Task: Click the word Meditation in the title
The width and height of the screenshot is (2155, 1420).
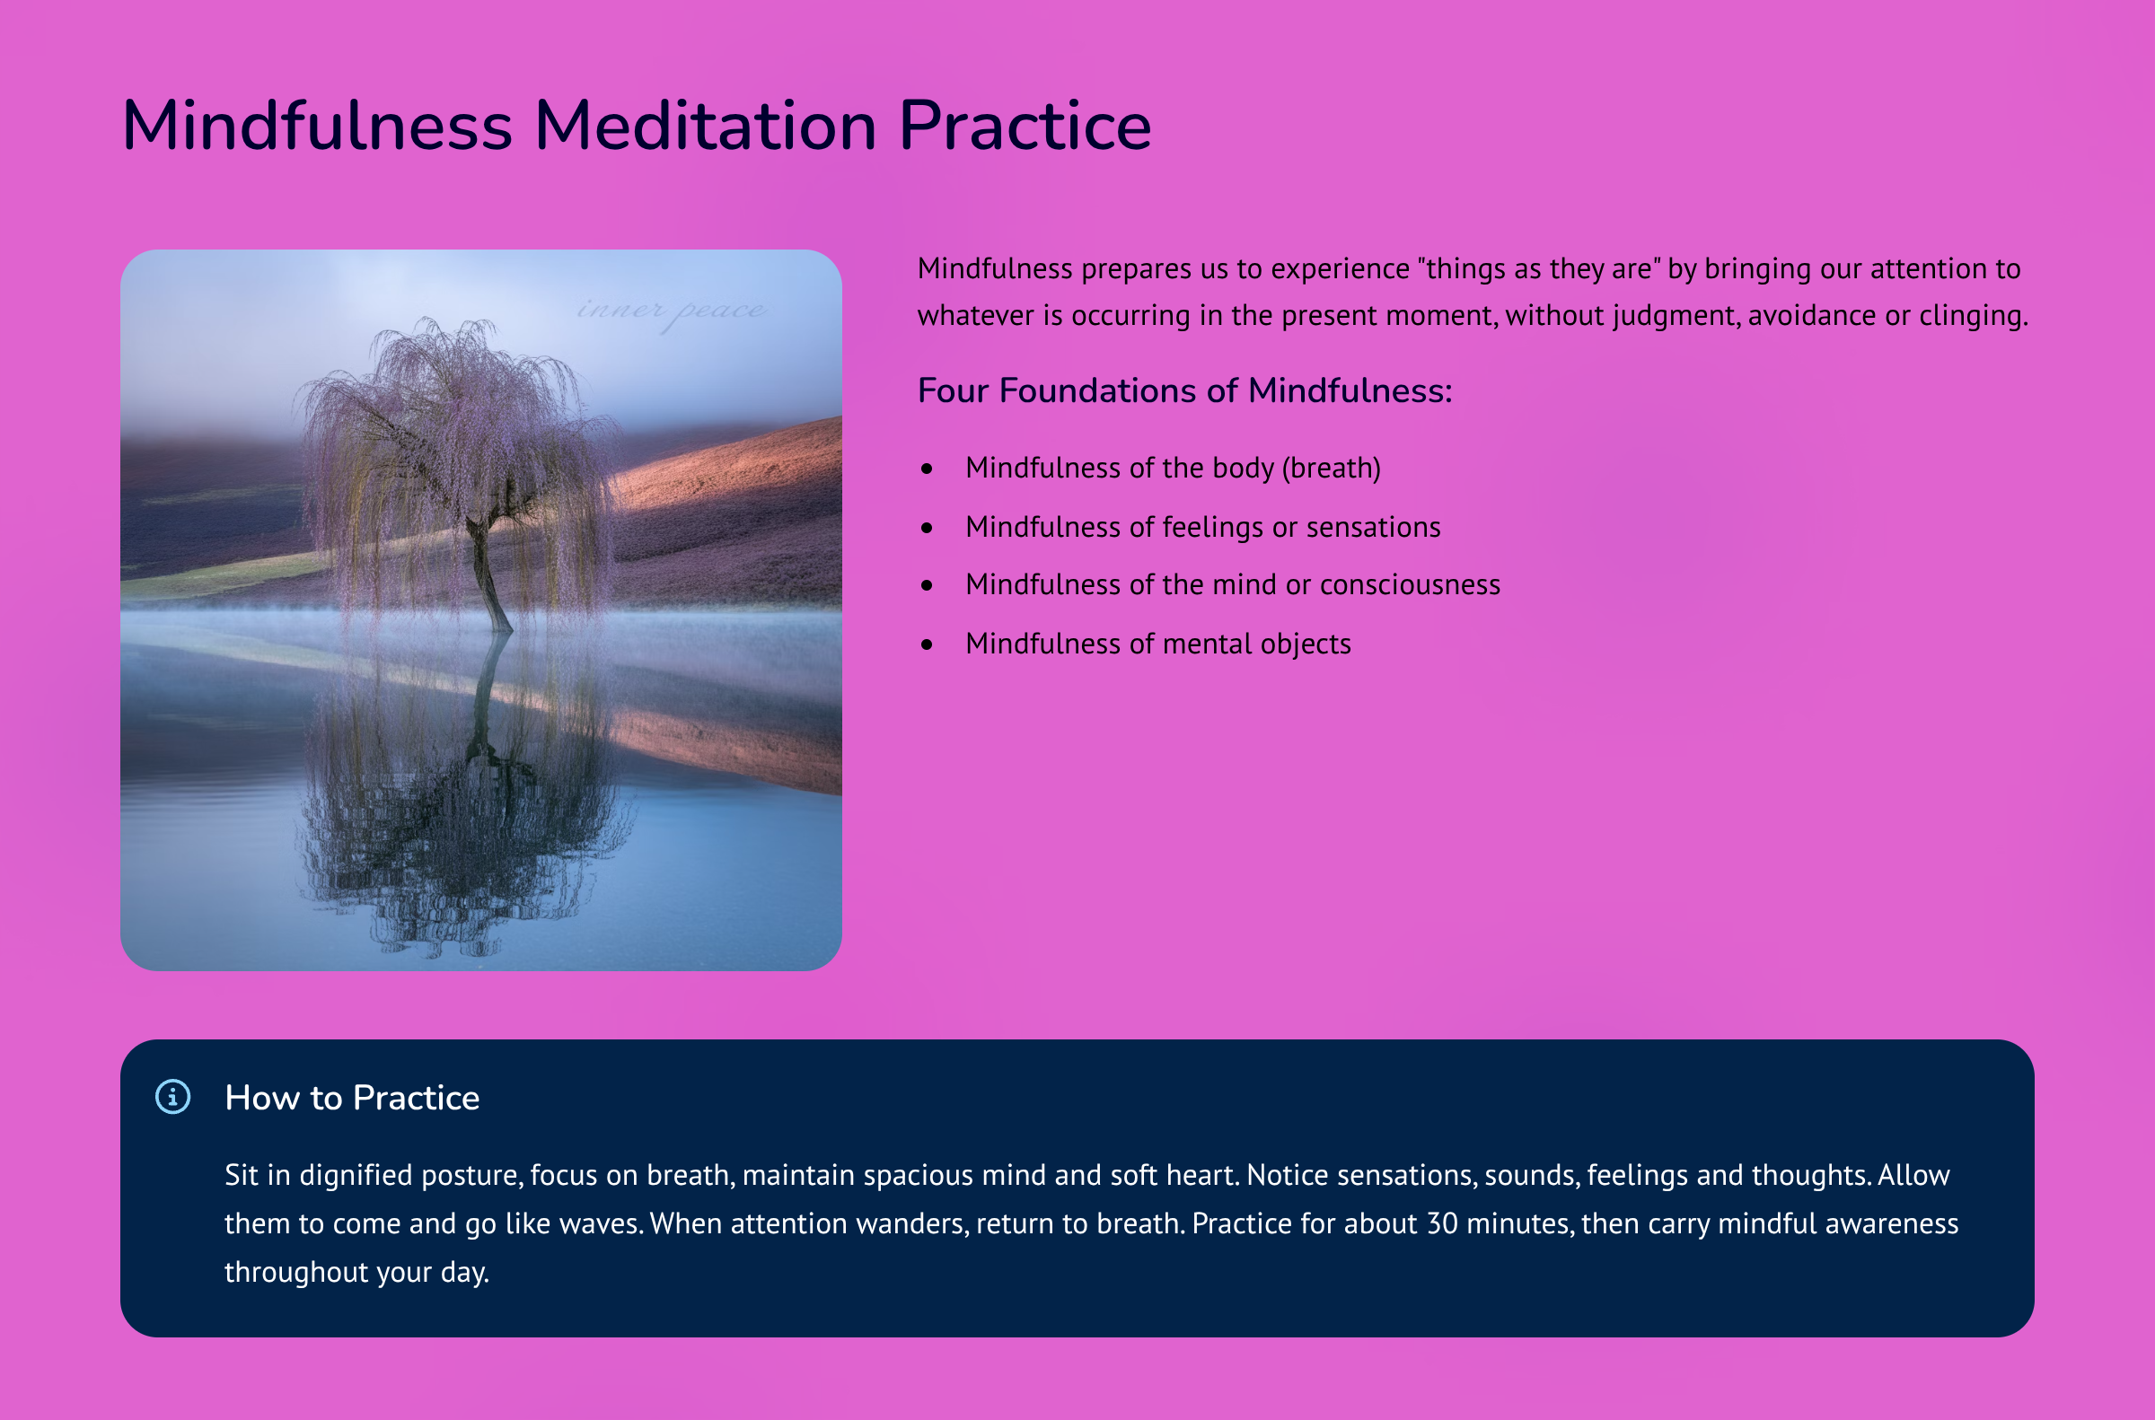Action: coord(706,125)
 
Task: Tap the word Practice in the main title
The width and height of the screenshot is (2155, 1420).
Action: coord(1025,125)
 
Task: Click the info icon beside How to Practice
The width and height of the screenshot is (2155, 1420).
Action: coord(173,1097)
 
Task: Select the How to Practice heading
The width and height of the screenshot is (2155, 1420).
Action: coord(352,1098)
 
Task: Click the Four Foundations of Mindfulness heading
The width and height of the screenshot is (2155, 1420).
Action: coord(1185,390)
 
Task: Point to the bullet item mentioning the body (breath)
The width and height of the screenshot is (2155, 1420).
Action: coord(1173,469)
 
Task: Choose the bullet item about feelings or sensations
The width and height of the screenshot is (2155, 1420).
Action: coord(1203,527)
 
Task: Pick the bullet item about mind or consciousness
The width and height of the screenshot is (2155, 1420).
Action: coord(1233,585)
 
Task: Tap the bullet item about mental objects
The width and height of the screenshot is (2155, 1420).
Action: coord(1158,644)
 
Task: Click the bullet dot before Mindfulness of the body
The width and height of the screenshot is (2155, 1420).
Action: coord(927,469)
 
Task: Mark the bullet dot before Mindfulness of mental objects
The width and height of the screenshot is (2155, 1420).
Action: coord(927,644)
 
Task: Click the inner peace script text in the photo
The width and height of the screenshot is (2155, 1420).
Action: coord(672,311)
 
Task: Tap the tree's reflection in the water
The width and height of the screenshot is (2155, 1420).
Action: coord(467,797)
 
